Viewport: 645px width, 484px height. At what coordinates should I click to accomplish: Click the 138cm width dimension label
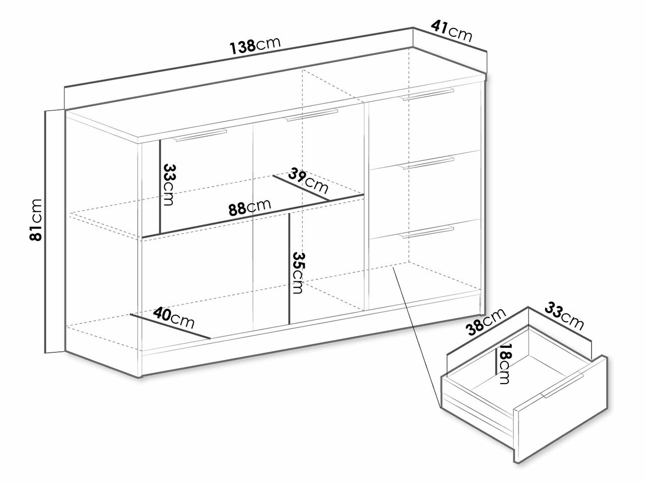255,46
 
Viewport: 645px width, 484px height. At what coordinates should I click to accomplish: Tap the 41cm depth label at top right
452,32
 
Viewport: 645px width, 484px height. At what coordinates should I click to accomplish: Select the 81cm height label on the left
36,219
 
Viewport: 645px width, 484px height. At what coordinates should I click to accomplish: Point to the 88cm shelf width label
249,207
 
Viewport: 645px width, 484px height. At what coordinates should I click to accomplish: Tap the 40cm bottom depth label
174,318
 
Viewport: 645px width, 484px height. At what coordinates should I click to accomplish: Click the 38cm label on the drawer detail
487,321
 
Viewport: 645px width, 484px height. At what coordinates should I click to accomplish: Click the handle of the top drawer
428,94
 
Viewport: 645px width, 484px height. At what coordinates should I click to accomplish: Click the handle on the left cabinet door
200,135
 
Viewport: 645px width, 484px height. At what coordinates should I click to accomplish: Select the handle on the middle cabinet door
311,115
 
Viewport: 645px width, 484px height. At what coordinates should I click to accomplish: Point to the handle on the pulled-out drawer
561,386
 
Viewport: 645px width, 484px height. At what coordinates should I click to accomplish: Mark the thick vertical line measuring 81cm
45,231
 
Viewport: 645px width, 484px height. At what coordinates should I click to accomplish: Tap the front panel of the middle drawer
425,195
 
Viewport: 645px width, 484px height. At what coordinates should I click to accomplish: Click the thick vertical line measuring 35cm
289,269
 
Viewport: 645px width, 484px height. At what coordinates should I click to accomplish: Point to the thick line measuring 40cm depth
170,327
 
